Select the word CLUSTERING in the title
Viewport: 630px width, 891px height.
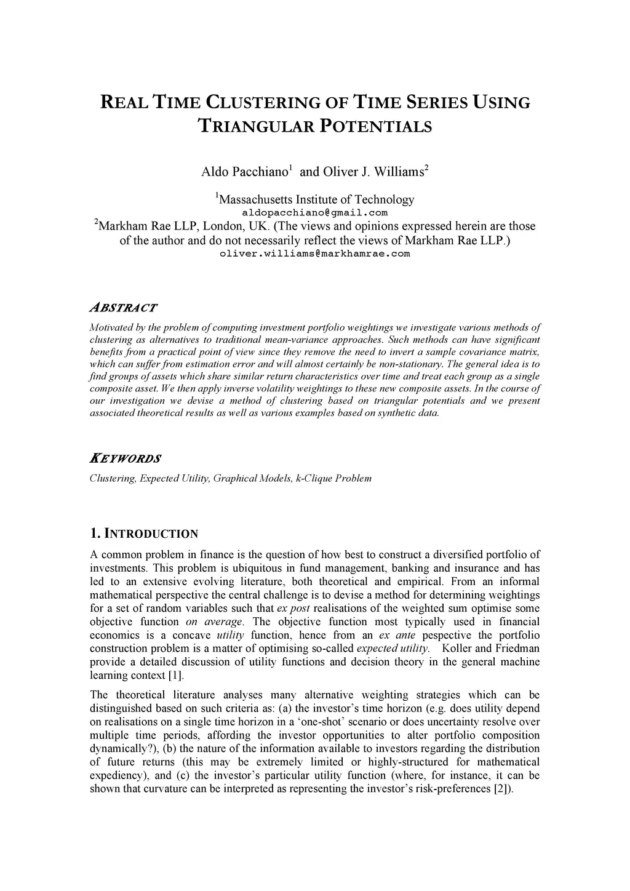click(267, 102)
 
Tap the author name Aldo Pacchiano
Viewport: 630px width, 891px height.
click(245, 172)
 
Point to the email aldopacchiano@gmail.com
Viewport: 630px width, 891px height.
click(314, 213)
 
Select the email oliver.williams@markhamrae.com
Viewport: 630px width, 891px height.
click(314, 254)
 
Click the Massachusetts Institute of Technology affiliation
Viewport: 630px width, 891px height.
click(316, 199)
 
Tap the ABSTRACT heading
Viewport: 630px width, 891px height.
click(123, 308)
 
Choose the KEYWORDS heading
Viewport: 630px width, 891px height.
click(126, 458)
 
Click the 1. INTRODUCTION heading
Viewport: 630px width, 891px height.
click(144, 533)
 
